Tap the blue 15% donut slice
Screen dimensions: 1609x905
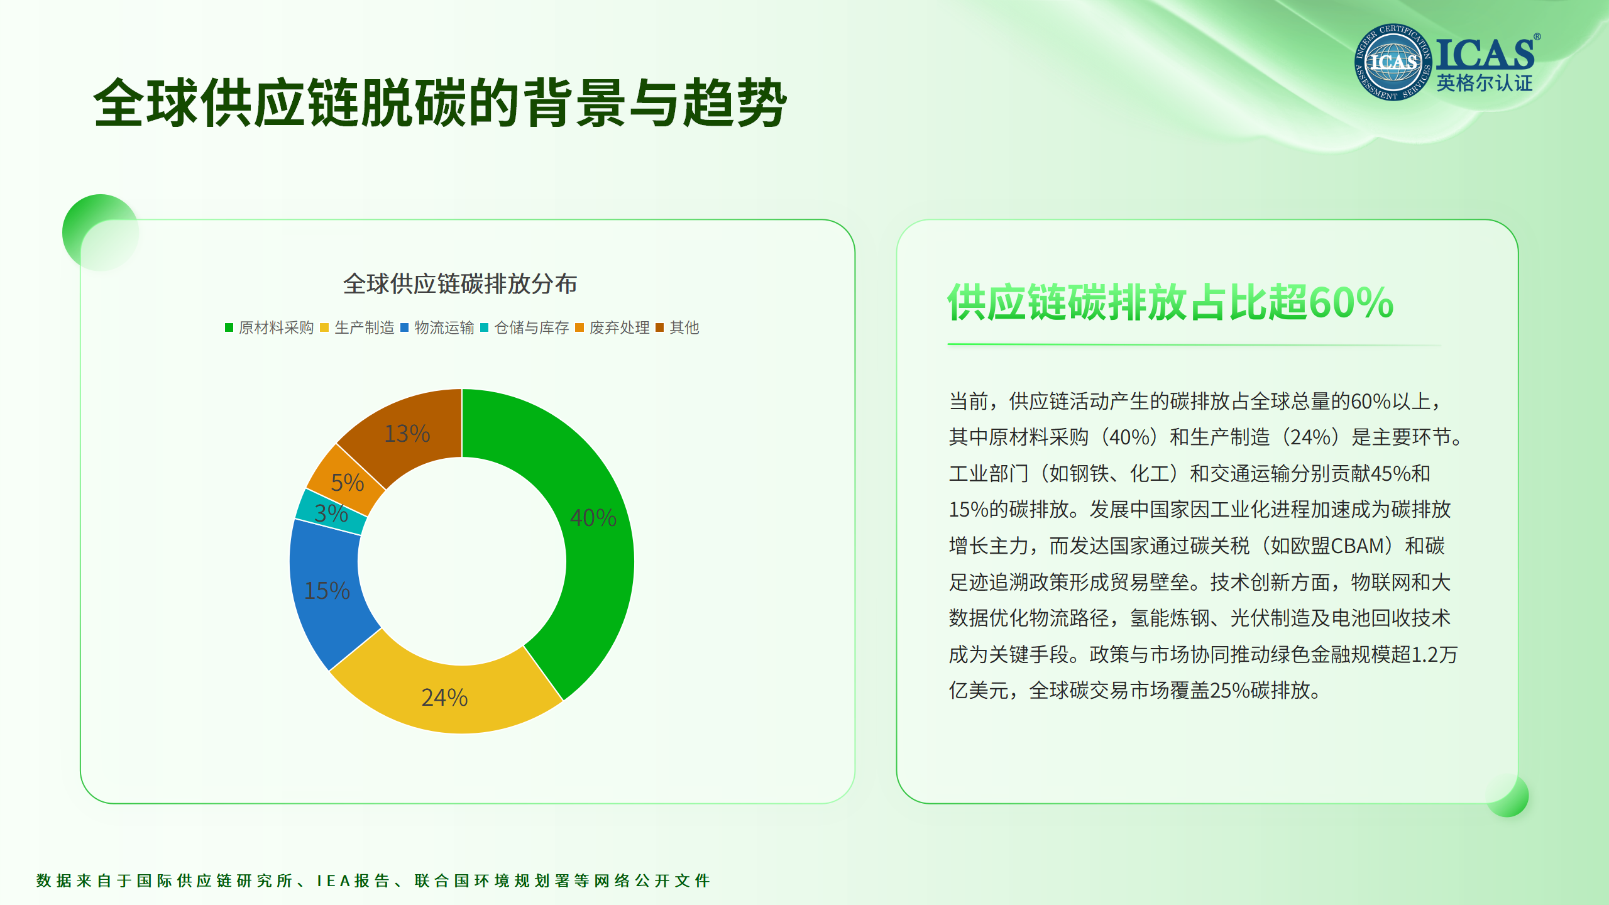(327, 591)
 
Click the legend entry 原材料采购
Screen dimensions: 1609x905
(270, 327)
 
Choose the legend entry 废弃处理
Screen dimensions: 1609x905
(612, 327)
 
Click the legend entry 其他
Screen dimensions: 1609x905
(678, 327)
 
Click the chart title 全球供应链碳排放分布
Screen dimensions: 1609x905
(460, 284)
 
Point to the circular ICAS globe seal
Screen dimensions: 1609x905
(1393, 62)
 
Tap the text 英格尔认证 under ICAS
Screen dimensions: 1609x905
(1485, 83)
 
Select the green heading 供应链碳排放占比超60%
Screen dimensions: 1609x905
(1170, 302)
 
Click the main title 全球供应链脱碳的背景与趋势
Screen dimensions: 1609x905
(440, 103)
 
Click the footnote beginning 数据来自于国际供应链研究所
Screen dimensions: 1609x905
(373, 880)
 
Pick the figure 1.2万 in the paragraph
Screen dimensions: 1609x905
(1435, 654)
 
